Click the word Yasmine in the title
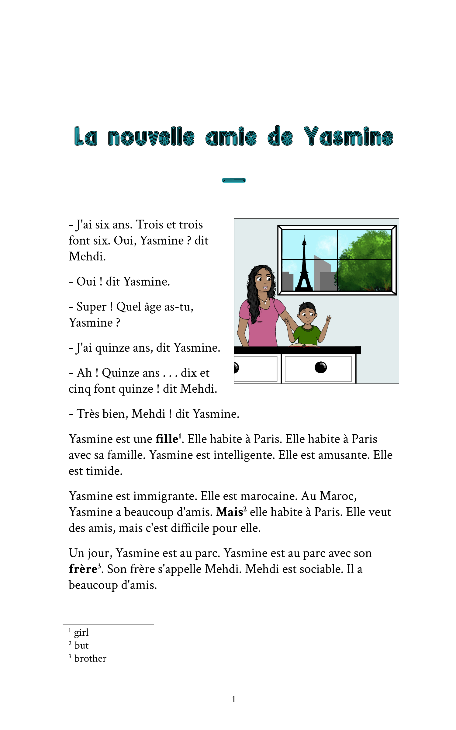(x=348, y=137)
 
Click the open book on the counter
(x=304, y=345)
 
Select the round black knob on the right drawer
(x=320, y=367)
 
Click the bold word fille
(x=167, y=439)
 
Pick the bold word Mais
(x=229, y=512)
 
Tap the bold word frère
(x=83, y=569)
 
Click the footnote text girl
(x=81, y=632)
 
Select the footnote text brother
(x=90, y=659)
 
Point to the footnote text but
(x=81, y=645)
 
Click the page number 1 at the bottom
(x=233, y=699)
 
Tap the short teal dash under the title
(x=234, y=180)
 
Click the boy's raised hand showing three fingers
(x=328, y=319)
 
